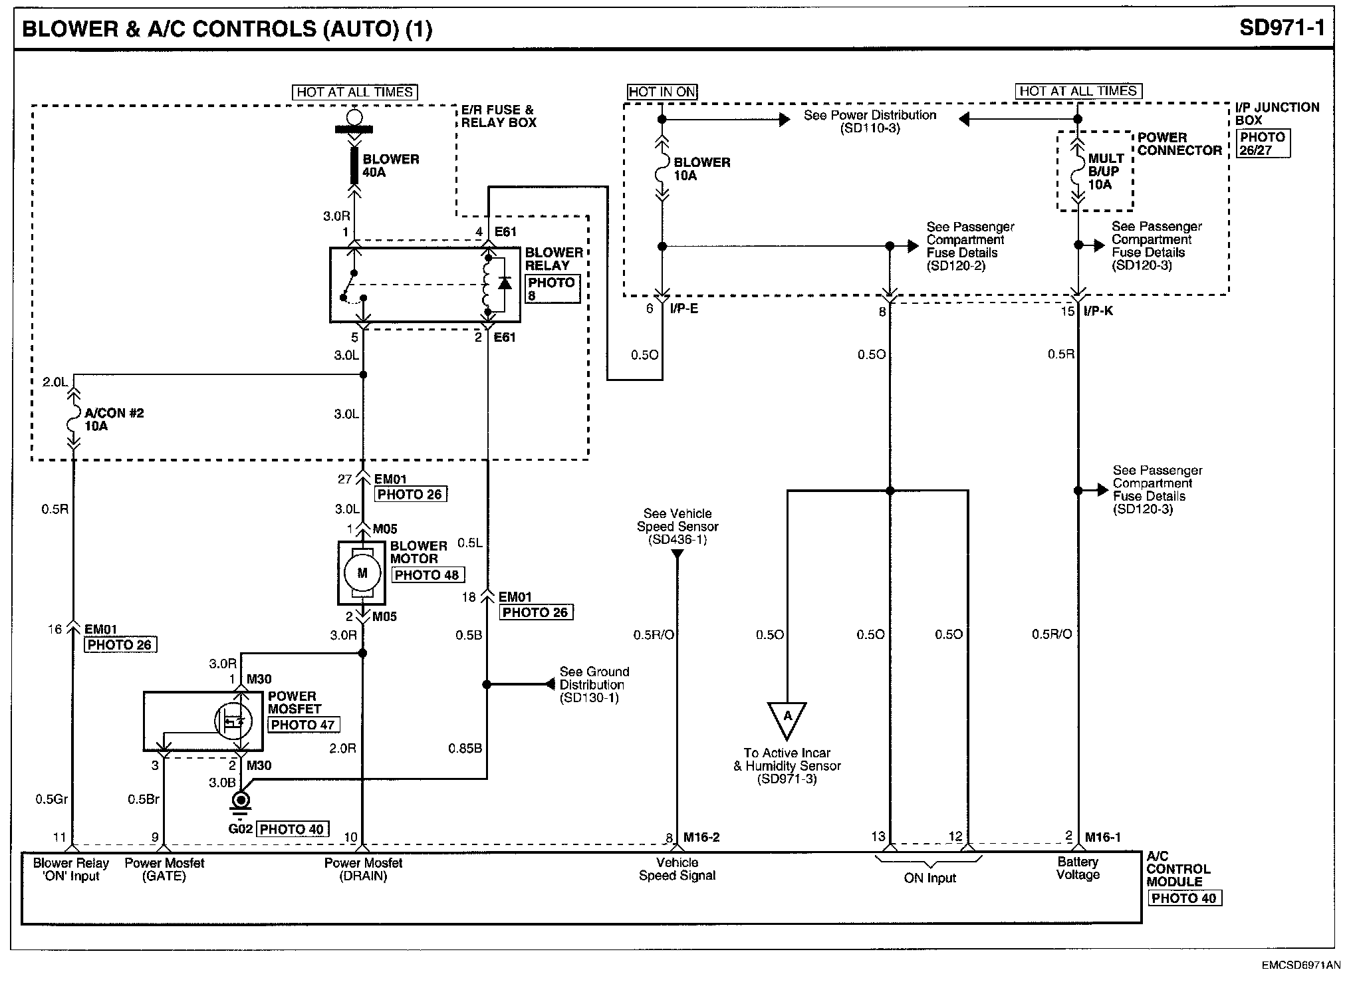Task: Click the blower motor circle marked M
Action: [362, 572]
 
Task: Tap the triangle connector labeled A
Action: [787, 718]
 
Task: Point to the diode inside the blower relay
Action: [505, 283]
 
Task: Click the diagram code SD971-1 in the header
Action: [1282, 28]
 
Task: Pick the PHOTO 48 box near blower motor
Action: [428, 575]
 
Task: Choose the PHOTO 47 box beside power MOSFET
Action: [303, 725]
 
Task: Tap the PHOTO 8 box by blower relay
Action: [552, 289]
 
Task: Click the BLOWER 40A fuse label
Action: [390, 166]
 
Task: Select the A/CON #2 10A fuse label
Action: [114, 420]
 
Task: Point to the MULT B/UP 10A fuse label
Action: [1105, 172]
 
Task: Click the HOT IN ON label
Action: [662, 92]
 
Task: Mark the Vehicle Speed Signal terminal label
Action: [677, 869]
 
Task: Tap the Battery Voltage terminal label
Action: [1078, 868]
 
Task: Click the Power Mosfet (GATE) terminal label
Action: [164, 870]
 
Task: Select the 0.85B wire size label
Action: [465, 749]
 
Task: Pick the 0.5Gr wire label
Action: [52, 799]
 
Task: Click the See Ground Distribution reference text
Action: [594, 685]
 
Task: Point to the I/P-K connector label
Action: [1098, 311]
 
